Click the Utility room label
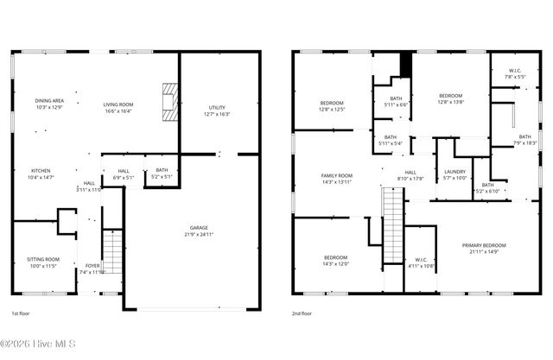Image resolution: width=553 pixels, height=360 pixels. tap(216, 111)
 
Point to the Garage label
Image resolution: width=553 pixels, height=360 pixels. tap(199, 231)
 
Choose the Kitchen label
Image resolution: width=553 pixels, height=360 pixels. tap(41, 174)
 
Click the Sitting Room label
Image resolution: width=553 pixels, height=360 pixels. tap(42, 262)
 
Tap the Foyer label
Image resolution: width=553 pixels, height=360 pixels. tap(92, 268)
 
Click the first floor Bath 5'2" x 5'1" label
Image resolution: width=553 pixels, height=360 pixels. tap(162, 174)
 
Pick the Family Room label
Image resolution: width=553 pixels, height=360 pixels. tap(337, 179)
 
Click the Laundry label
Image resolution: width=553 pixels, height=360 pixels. tap(454, 175)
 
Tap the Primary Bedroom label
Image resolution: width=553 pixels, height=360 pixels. tap(488, 249)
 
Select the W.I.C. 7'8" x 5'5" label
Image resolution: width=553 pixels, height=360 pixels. tap(515, 74)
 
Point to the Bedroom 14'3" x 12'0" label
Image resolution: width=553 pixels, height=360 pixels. tap(336, 261)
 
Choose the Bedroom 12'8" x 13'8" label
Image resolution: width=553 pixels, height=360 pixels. tap(451, 98)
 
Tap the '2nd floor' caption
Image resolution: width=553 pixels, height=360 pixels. tap(302, 314)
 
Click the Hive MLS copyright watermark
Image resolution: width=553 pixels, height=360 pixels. tap(39, 344)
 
